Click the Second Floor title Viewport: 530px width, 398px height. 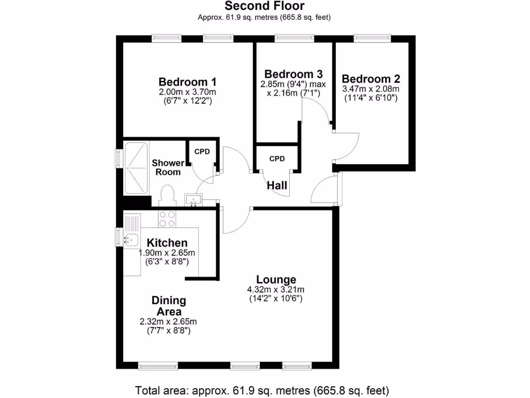point(264,6)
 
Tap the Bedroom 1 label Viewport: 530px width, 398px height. point(187,82)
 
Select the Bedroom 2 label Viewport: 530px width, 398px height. point(371,79)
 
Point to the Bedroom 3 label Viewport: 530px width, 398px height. point(293,74)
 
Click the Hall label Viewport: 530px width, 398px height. point(277,185)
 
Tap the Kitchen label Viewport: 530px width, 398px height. point(167,243)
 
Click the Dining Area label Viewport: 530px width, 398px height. point(169,306)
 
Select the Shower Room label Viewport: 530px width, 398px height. point(168,167)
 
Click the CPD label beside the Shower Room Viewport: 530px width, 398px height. point(202,151)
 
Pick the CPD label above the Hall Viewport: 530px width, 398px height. point(277,159)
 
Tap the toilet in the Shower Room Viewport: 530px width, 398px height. point(167,197)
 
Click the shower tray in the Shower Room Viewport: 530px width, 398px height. point(136,168)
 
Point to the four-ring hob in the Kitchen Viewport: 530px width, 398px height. point(167,219)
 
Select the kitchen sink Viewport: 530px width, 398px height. point(130,239)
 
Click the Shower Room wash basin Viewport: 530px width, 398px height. point(194,200)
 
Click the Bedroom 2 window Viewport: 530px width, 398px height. point(372,38)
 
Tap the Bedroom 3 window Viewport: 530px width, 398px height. point(294,38)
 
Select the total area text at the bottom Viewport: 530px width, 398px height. point(262,390)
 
